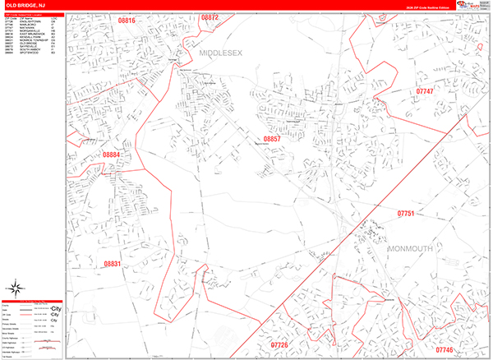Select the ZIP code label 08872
point(210,17)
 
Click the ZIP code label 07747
point(425,91)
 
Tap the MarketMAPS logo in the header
point(475,5)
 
